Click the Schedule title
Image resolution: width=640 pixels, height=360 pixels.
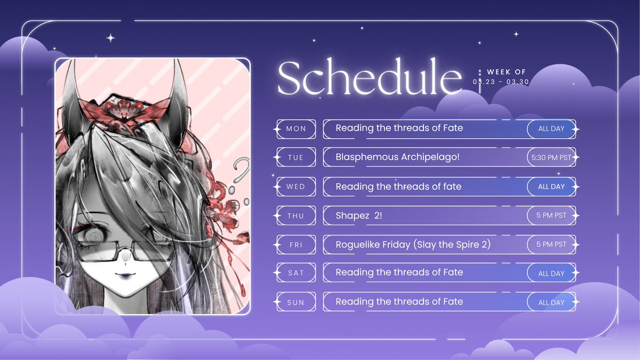(369, 78)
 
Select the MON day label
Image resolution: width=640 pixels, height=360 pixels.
(296, 129)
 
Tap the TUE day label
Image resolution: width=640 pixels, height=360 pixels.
(296, 158)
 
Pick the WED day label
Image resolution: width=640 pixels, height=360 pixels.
(296, 187)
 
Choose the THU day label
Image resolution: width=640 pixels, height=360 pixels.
(296, 215)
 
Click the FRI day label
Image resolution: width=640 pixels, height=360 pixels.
(296, 244)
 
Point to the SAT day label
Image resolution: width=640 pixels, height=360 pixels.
(296, 273)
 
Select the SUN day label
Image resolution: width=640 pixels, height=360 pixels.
(296, 302)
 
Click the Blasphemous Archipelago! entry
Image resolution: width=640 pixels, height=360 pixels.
(397, 157)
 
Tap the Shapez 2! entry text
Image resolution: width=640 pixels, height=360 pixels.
(358, 215)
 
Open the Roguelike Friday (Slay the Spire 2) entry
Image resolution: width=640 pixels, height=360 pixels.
(413, 244)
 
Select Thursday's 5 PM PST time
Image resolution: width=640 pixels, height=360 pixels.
(551, 215)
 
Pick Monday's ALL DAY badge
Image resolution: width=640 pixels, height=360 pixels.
(551, 129)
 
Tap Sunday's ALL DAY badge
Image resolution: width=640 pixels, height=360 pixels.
(551, 302)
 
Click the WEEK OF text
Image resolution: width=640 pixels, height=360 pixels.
(506, 71)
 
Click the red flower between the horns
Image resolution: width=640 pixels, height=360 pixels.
(124, 109)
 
